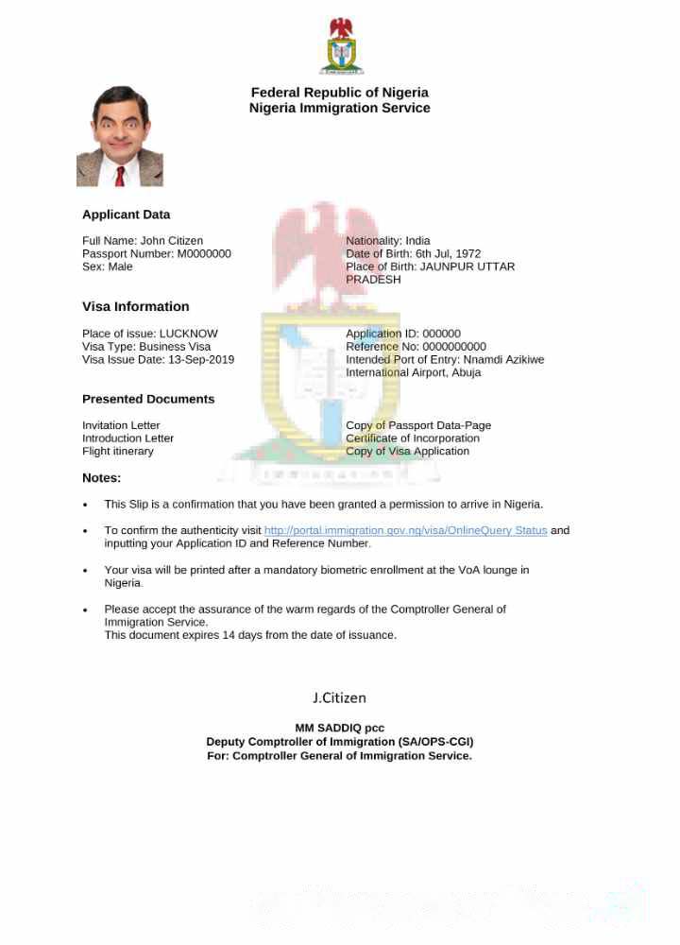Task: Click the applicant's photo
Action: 120,136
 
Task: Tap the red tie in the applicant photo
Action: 120,176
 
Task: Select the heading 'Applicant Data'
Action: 126,215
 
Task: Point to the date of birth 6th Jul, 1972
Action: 448,254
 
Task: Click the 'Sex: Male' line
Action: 108,267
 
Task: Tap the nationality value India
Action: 417,241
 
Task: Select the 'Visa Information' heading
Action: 135,306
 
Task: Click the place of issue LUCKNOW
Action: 188,334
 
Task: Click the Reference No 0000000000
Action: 453,347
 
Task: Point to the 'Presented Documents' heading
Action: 148,399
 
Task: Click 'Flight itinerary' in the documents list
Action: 118,452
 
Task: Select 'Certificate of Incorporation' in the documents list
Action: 413,438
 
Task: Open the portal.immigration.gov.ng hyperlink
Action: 405,530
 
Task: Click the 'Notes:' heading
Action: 101,478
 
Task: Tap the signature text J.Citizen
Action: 339,698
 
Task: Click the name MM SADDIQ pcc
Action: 340,729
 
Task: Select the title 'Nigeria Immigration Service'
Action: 339,108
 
